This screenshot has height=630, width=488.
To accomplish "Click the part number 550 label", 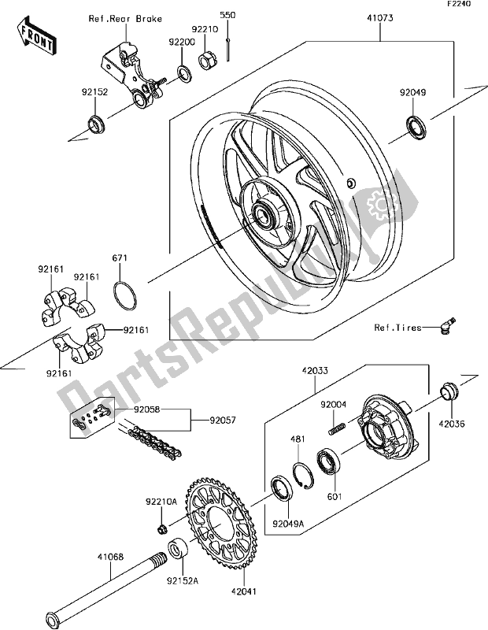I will (x=227, y=15).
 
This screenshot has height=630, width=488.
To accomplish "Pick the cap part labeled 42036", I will (x=449, y=389).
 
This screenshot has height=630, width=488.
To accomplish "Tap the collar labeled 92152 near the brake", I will (x=97, y=123).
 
